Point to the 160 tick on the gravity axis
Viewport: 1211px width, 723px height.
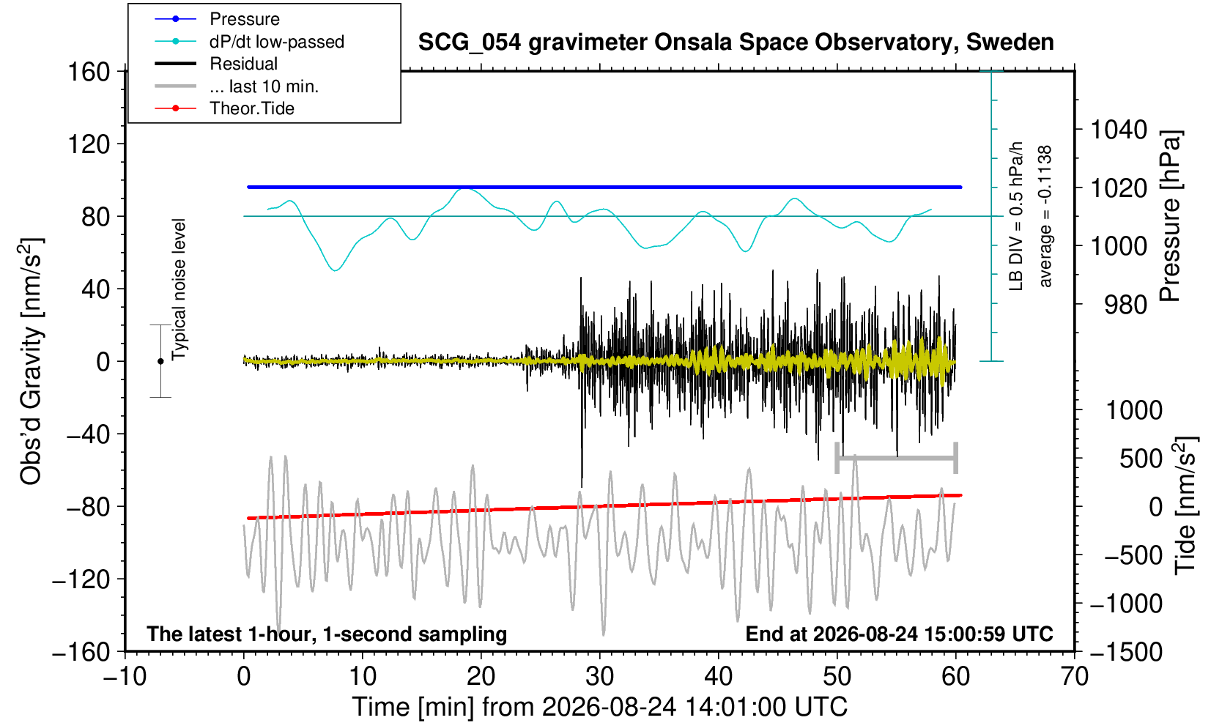tap(89, 72)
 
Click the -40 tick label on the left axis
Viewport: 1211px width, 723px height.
tap(88, 434)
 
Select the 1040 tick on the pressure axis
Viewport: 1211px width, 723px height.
tap(1119, 130)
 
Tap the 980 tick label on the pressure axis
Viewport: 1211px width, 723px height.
tap(1125, 305)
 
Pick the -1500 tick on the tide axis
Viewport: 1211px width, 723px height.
tap(1126, 652)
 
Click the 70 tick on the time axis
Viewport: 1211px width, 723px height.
tap(1074, 677)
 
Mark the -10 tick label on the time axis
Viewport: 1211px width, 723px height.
tap(125, 677)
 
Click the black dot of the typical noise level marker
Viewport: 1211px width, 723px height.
tap(160, 361)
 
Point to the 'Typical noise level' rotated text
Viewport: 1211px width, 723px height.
tap(179, 290)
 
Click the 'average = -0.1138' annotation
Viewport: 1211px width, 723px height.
tap(1045, 216)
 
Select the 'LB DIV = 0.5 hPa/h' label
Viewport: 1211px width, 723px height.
tap(1017, 216)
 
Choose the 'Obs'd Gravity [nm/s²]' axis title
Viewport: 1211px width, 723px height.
tap(32, 361)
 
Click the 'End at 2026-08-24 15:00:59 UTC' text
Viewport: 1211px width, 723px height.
tap(899, 634)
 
